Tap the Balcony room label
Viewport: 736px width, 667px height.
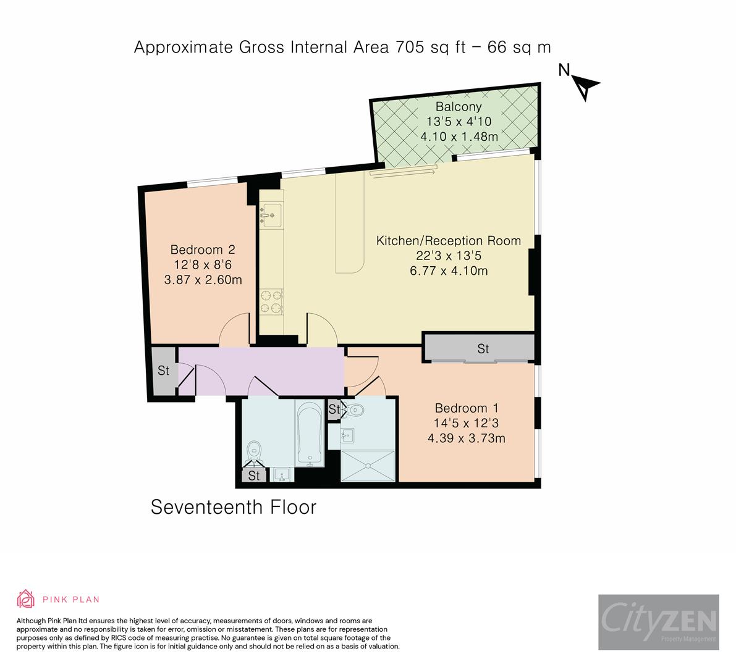pyautogui.click(x=459, y=107)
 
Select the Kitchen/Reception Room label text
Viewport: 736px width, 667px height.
pyautogui.click(x=449, y=241)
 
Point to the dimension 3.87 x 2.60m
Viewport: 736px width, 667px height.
pyautogui.click(x=203, y=280)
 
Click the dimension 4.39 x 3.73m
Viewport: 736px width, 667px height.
pyautogui.click(x=467, y=438)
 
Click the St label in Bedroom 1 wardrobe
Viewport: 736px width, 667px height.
pyautogui.click(x=483, y=349)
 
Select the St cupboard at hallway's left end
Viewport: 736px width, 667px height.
pyautogui.click(x=164, y=371)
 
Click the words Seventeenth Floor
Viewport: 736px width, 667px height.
pyautogui.click(x=234, y=507)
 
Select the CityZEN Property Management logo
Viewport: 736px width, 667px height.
pyautogui.click(x=658, y=623)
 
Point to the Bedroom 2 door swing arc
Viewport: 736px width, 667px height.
pyautogui.click(x=235, y=327)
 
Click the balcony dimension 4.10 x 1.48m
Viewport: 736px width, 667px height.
pyautogui.click(x=459, y=136)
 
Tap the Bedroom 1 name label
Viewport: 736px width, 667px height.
pyautogui.click(x=467, y=408)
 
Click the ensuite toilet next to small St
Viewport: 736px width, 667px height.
pyautogui.click(x=355, y=409)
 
